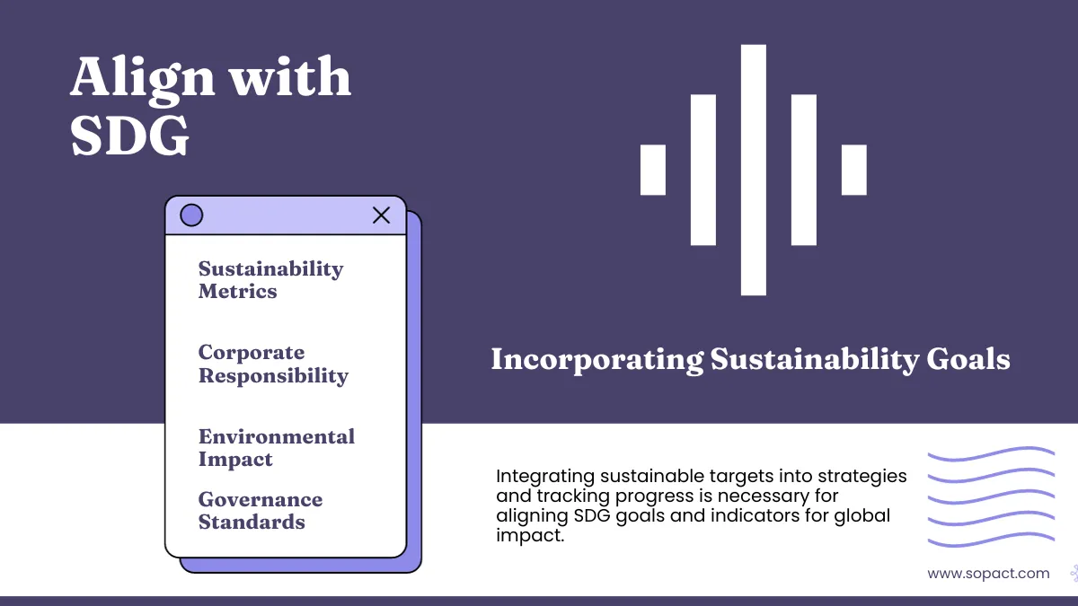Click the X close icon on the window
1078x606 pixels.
(x=381, y=215)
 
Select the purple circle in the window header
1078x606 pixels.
(x=191, y=215)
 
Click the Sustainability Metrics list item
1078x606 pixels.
(x=270, y=280)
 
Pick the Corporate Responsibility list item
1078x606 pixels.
(x=273, y=364)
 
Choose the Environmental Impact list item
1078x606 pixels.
(x=276, y=448)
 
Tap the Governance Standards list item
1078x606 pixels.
(x=260, y=511)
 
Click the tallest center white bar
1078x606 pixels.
(x=753, y=170)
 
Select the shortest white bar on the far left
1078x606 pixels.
(x=653, y=170)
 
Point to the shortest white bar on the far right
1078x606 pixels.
(x=853, y=170)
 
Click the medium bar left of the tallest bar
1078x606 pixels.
(x=703, y=170)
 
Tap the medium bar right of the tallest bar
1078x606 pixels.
(x=803, y=170)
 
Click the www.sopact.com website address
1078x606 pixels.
(x=988, y=573)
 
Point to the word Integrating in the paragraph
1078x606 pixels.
(x=536, y=476)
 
